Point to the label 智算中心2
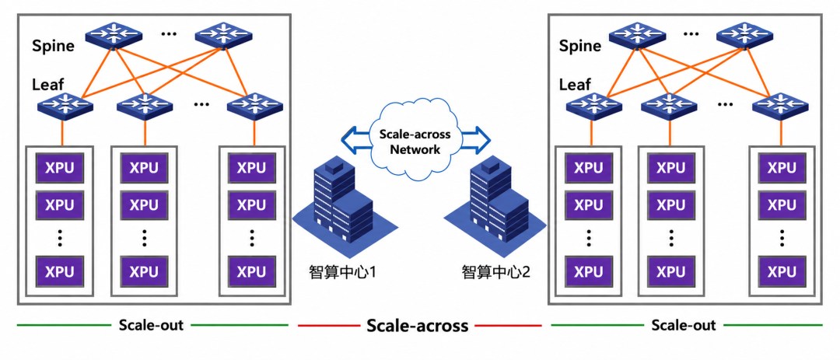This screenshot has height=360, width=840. click(x=496, y=272)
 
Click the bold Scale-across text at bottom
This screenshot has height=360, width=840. click(x=418, y=325)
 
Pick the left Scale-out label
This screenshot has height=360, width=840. click(x=151, y=325)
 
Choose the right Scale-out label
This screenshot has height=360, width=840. click(x=684, y=325)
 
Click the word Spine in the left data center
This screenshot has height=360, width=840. click(x=53, y=46)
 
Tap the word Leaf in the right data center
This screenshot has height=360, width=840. click(x=575, y=85)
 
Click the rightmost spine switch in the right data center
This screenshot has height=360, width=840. click(x=744, y=34)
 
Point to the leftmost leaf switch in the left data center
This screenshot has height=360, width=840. click(x=65, y=105)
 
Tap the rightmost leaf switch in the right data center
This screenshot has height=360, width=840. click(x=779, y=105)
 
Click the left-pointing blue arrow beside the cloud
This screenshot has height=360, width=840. click(x=355, y=138)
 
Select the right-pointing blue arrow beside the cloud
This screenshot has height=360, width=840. click(x=474, y=138)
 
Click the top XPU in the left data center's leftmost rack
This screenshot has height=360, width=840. click(x=59, y=168)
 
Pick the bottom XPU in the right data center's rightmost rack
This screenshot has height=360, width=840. click(x=782, y=271)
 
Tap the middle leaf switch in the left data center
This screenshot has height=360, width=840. click(x=145, y=105)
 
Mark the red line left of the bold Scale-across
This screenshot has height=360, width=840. click(x=328, y=325)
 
